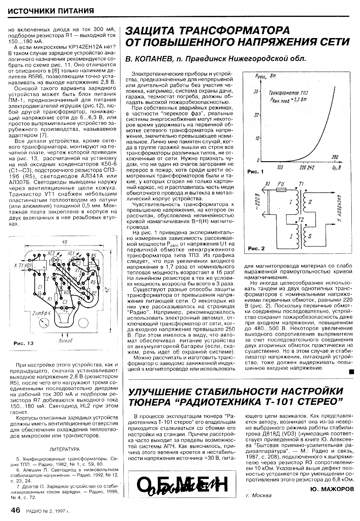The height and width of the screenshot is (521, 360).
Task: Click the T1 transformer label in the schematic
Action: tap(300, 184)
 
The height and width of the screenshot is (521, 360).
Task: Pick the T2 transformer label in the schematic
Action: tap(300, 219)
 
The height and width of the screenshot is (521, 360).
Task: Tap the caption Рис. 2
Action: tap(256, 248)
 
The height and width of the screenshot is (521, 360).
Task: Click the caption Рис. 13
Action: tap(23, 343)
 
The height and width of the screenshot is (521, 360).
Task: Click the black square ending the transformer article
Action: tap(351, 372)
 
